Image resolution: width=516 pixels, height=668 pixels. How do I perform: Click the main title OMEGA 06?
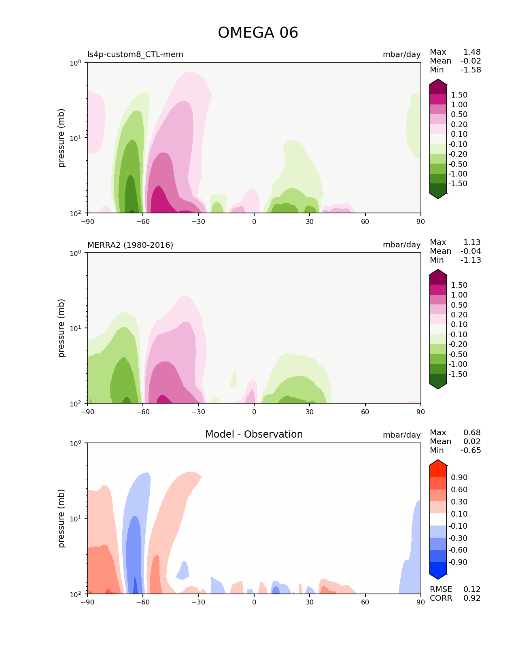258,33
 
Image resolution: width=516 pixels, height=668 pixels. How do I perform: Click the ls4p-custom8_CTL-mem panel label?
135,55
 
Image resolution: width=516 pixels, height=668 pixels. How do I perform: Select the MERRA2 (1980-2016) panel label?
130,245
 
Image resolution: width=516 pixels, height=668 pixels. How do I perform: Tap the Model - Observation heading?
254,434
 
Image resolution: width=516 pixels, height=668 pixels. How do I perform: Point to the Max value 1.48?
472,52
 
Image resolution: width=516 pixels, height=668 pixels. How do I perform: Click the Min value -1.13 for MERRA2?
471,260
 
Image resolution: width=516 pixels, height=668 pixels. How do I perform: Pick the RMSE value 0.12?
472,589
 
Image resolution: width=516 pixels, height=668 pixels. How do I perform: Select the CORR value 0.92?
472,598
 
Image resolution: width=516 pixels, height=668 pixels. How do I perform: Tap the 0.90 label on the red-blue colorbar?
459,478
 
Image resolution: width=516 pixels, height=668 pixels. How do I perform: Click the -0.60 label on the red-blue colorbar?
458,550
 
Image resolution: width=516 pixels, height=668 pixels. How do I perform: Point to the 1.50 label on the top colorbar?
459,95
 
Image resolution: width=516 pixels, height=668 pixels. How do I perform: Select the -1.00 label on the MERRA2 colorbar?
458,364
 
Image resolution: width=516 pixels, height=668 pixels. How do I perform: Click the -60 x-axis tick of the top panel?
143,221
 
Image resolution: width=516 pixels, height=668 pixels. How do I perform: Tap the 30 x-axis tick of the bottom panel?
310,602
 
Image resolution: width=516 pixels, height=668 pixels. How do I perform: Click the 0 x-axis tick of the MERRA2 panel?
254,412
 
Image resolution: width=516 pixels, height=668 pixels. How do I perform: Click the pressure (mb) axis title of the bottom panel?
62,518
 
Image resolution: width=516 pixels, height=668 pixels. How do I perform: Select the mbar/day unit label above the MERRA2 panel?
401,245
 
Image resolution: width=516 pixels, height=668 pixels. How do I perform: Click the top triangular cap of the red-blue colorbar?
438,463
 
